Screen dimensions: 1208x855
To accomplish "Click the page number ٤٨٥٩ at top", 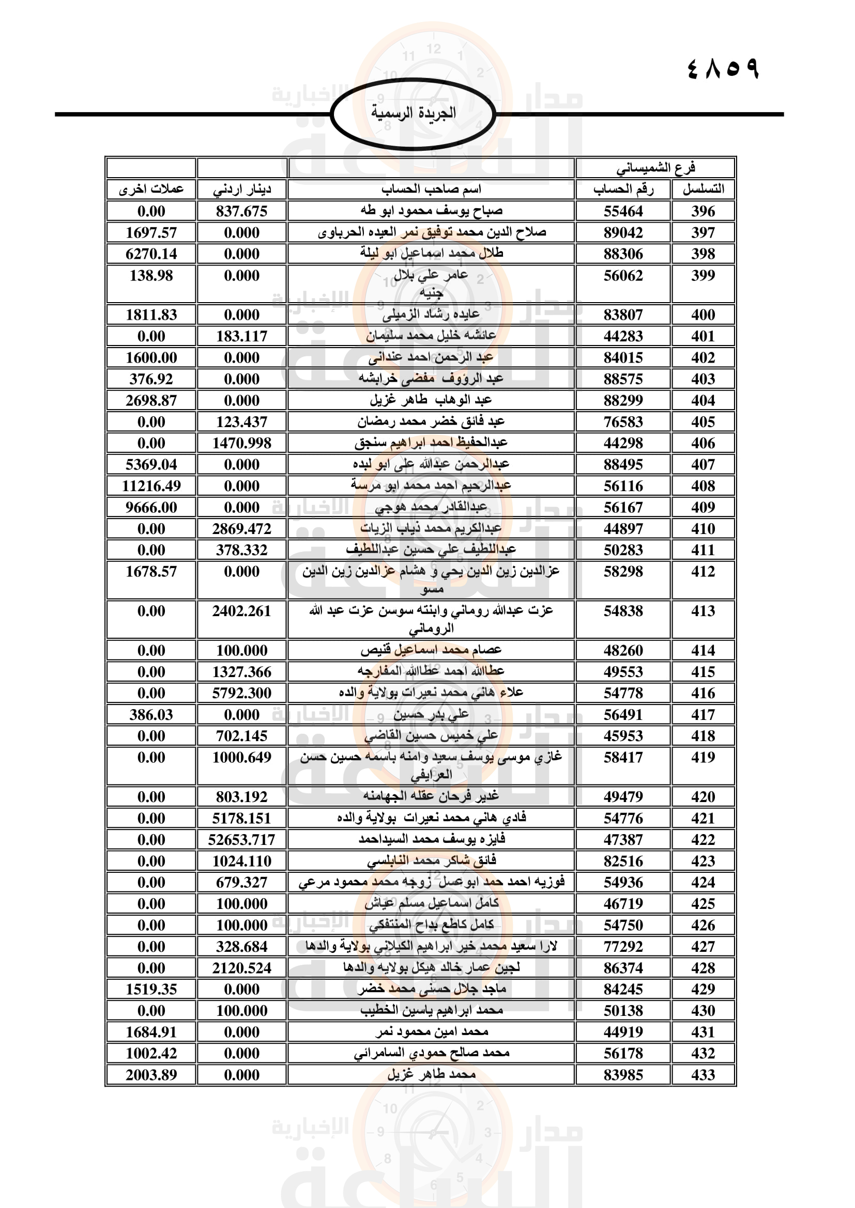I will [722, 68].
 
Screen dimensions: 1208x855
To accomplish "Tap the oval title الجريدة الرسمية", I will [414, 113].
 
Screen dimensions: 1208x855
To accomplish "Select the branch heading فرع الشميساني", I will [655, 168].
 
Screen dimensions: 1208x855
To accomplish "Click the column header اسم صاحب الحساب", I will [431, 189].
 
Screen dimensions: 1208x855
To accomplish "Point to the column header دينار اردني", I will [241, 190].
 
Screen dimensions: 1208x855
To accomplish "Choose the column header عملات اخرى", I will [151, 190].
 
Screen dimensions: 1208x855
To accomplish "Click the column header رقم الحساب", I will [623, 190].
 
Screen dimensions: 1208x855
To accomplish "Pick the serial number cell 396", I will [703, 211].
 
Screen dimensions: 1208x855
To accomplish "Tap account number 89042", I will [623, 232].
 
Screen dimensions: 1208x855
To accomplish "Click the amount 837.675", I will [241, 211].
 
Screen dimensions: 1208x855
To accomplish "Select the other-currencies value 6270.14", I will [151, 254].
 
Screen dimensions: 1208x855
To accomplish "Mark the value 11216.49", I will [151, 485].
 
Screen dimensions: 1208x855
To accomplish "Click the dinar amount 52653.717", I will [241, 839].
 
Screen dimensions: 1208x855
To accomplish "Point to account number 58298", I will [623, 571].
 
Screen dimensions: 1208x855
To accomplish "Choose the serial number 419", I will [703, 757].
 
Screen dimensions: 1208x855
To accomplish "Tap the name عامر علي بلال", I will [431, 275].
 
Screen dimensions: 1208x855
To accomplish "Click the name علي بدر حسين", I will [431, 714].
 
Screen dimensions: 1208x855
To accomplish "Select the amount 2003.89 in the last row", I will [151, 1074].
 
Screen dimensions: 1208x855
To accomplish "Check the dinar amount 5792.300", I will [241, 693].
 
